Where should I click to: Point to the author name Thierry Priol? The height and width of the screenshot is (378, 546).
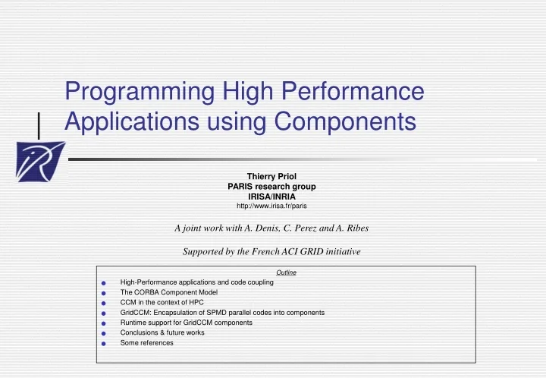(x=271, y=177)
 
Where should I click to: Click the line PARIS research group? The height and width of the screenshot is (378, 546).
(x=271, y=187)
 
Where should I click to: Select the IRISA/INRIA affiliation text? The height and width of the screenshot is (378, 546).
(x=271, y=196)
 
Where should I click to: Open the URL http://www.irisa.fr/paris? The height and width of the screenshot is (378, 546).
(x=271, y=206)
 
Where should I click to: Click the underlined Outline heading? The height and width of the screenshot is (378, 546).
(x=286, y=272)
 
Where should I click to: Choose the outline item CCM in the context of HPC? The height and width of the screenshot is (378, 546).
(x=162, y=302)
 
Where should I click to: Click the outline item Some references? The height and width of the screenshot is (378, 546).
(x=146, y=342)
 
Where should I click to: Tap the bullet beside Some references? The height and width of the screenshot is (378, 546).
(x=102, y=344)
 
